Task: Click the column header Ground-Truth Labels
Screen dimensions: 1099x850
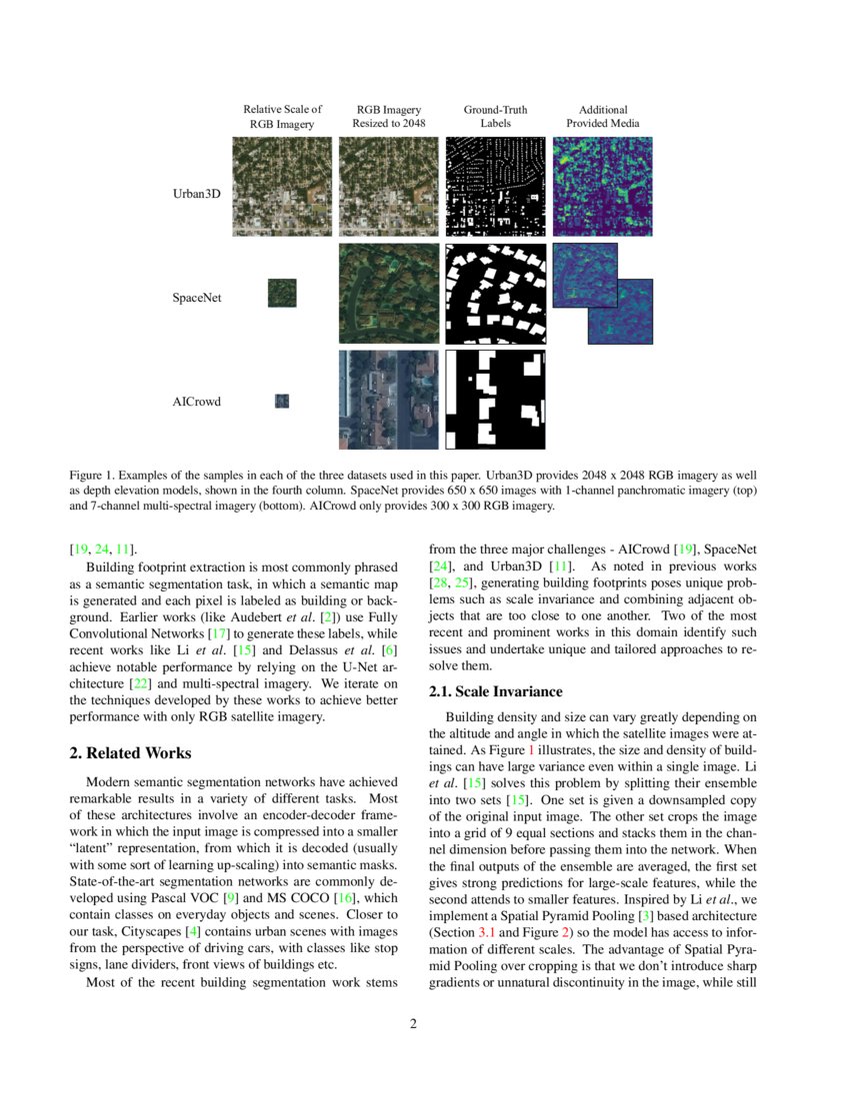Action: coord(495,117)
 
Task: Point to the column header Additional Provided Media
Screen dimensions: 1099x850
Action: coord(603,117)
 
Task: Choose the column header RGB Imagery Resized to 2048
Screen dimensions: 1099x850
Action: coord(389,117)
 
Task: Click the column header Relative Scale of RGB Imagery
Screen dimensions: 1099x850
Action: coord(282,117)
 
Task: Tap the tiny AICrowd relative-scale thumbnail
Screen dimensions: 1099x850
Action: coord(282,401)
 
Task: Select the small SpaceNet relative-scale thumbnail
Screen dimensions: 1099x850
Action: coord(282,293)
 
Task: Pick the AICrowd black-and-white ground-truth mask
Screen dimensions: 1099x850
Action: coord(495,399)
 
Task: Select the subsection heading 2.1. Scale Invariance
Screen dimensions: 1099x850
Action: coord(496,691)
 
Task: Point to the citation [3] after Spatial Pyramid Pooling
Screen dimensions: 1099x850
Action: coord(645,914)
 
